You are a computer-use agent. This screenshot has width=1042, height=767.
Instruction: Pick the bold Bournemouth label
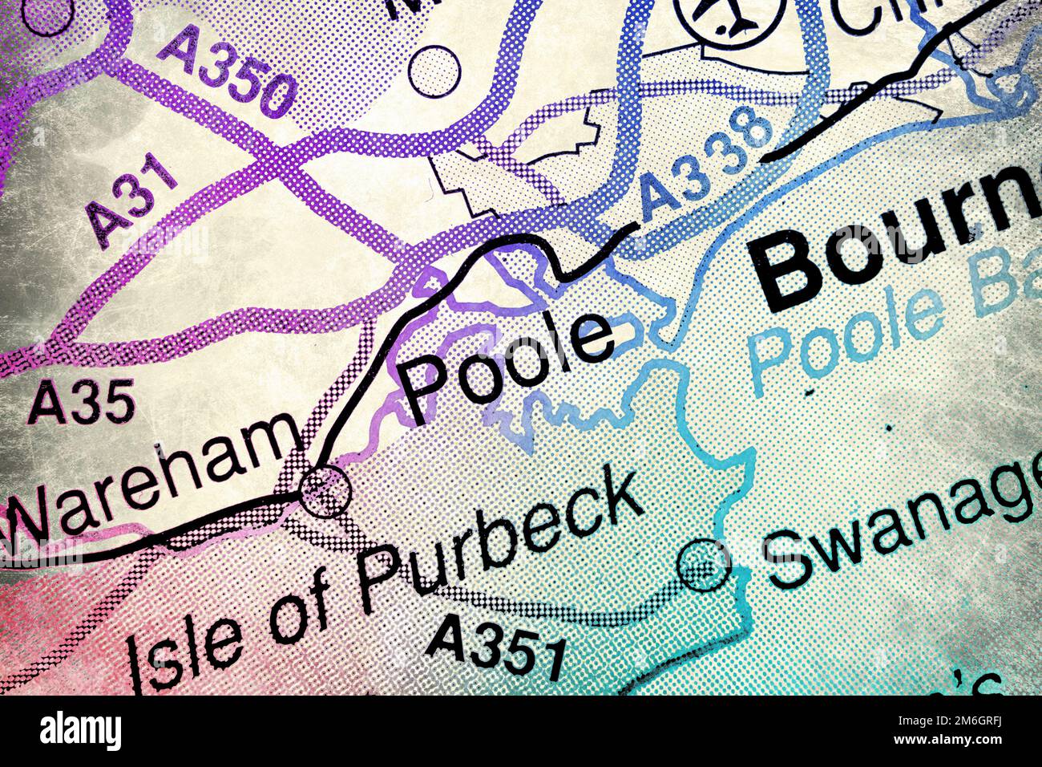pos(898,241)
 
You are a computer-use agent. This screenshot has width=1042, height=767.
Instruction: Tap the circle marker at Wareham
pos(325,490)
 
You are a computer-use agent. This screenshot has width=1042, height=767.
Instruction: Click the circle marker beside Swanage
pos(704,566)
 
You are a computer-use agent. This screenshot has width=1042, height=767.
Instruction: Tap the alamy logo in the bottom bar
pos(81,731)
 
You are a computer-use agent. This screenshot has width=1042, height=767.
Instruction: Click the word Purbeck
pos(497,546)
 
